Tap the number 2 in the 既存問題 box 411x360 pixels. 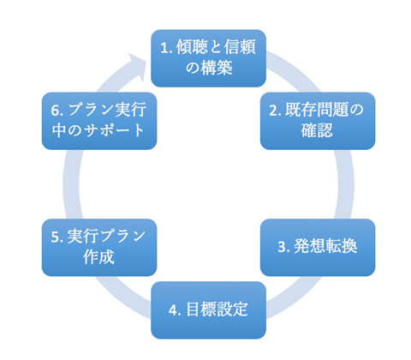click(275, 110)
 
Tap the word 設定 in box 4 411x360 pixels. click(230, 309)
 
